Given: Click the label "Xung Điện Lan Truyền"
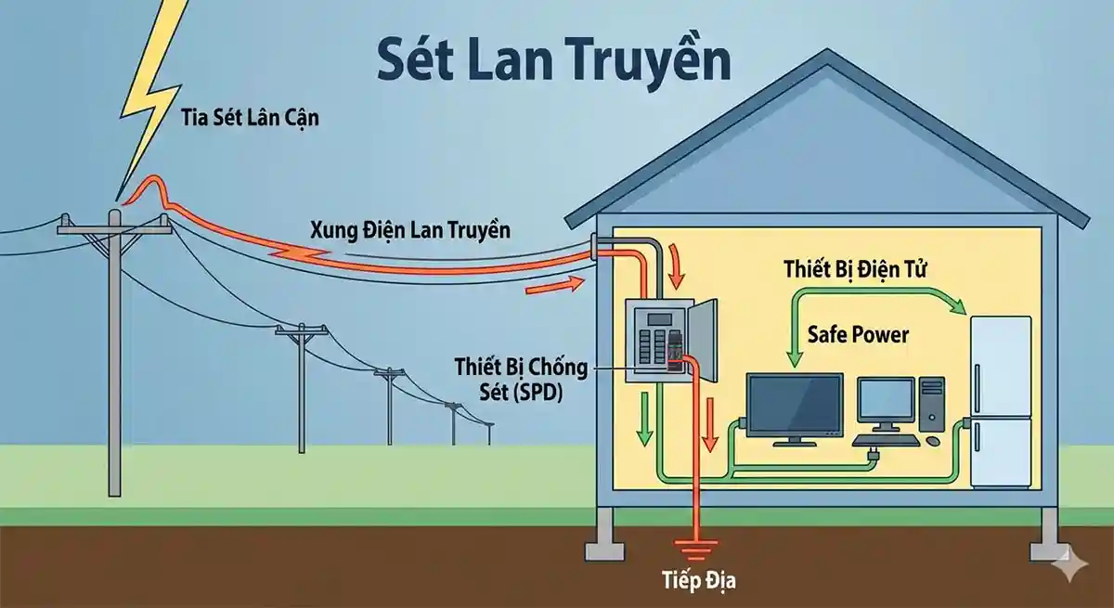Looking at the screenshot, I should pyautogui.click(x=409, y=229).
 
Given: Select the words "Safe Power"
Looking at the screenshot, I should pyautogui.click(x=858, y=334).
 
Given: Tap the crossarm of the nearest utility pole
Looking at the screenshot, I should pyautogui.click(x=113, y=223).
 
